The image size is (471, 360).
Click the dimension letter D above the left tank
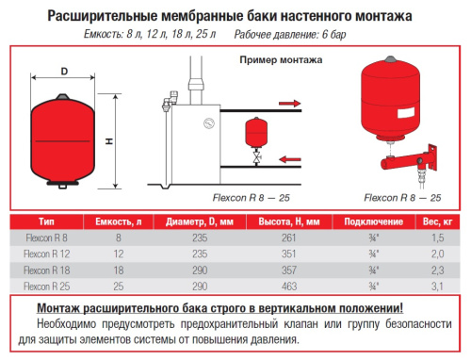click(x=64, y=71)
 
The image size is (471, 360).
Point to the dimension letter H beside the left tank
click(x=109, y=141)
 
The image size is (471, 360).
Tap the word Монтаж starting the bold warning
click(x=62, y=308)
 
